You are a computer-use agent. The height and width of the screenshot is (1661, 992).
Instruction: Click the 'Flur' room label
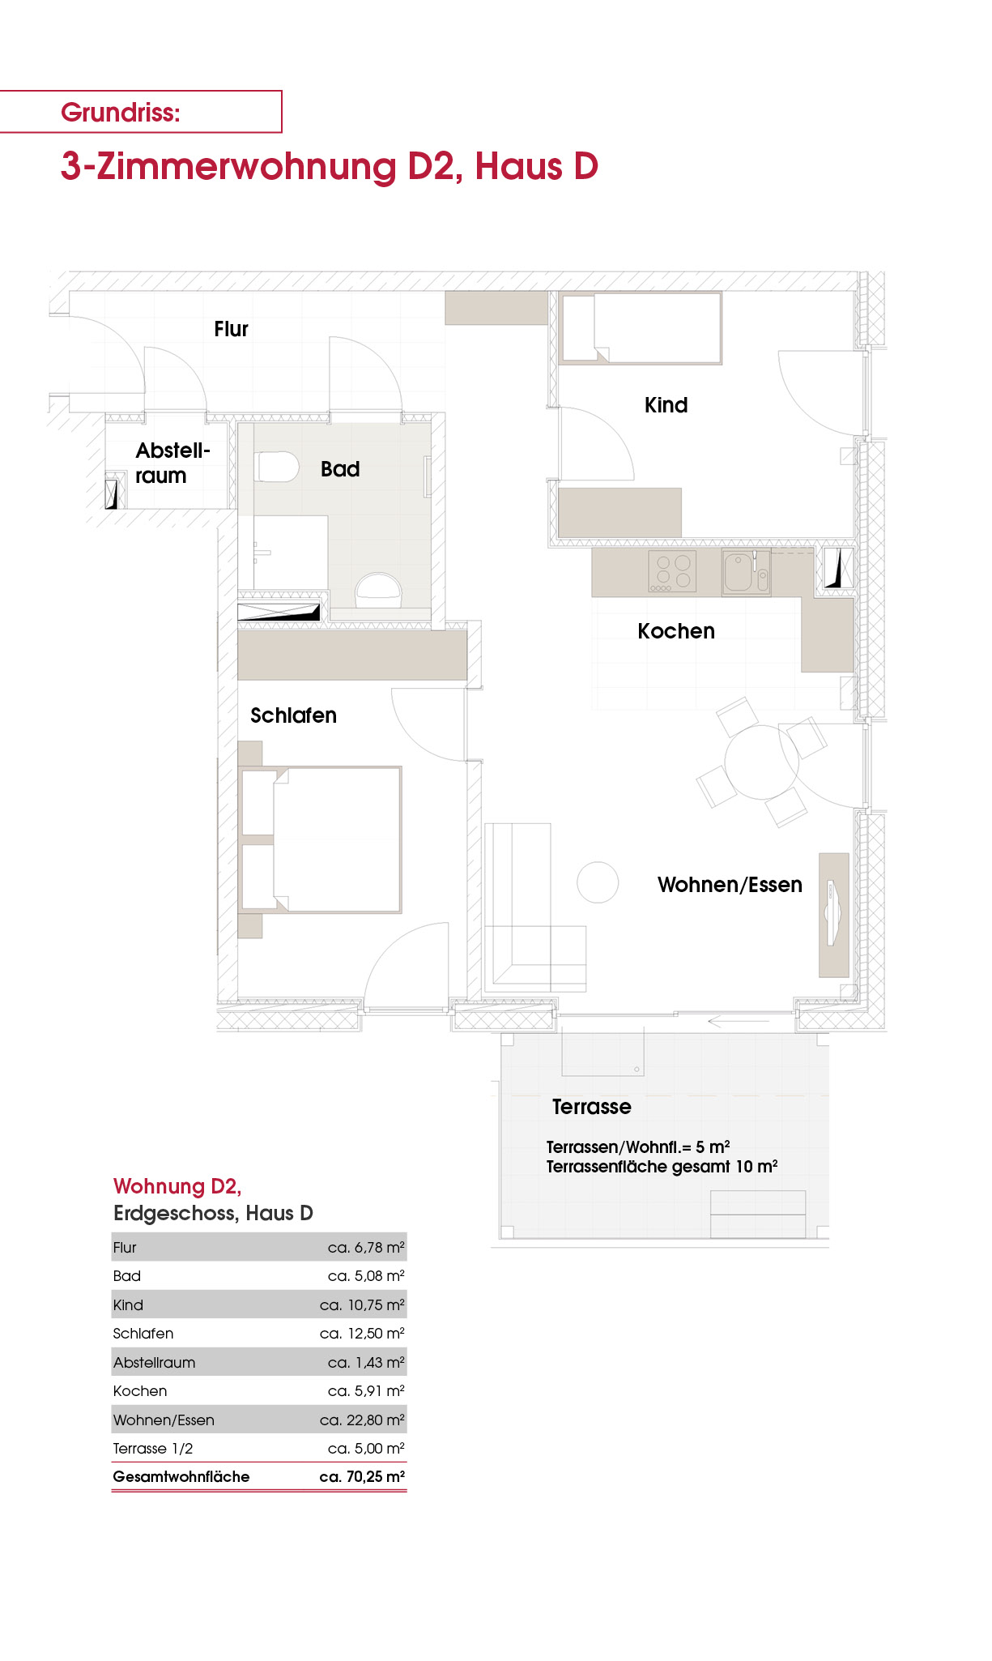tap(231, 329)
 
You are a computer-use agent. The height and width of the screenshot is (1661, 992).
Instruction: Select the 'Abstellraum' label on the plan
tap(172, 463)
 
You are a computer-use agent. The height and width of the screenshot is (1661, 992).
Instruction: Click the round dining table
tap(761, 762)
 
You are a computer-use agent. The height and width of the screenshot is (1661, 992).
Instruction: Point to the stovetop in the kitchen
tap(672, 571)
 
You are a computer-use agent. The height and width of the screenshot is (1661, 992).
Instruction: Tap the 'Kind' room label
tap(666, 405)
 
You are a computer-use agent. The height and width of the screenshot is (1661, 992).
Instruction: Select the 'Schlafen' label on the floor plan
tap(293, 715)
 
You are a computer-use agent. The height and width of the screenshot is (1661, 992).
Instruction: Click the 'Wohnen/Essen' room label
tap(730, 885)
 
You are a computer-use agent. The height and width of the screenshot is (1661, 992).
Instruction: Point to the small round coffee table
tap(598, 882)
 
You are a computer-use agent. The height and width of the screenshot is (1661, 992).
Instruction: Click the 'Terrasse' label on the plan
tap(591, 1107)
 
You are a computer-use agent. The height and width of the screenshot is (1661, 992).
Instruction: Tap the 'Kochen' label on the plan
tap(676, 631)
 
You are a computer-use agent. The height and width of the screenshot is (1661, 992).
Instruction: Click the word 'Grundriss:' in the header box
tap(121, 112)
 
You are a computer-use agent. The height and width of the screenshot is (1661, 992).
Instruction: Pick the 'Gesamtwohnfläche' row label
tap(181, 1476)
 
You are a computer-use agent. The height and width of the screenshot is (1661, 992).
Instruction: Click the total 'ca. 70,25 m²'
tap(362, 1476)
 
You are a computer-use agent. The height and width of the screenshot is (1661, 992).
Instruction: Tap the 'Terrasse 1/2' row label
tap(153, 1448)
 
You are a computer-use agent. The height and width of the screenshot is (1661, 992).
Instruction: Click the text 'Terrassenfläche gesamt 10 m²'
tap(662, 1167)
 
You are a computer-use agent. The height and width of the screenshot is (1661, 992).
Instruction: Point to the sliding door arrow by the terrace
tap(738, 1022)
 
